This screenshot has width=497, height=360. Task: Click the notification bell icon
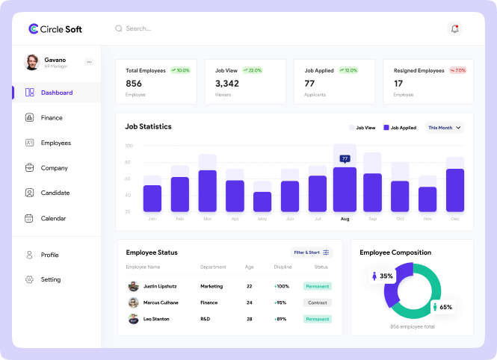point(454,29)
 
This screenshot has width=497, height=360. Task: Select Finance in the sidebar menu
point(51,118)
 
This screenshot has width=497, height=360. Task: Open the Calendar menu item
point(52,218)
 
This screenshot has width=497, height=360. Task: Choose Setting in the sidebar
point(50,280)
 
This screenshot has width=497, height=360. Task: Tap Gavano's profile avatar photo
point(32,62)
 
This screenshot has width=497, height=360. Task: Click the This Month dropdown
point(445,128)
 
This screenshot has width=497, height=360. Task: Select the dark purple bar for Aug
point(345,190)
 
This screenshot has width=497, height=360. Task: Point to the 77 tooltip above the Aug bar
point(345,158)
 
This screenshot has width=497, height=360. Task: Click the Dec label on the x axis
point(455,219)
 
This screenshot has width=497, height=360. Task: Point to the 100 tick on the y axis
point(129,146)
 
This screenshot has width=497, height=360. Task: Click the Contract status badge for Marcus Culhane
point(318,302)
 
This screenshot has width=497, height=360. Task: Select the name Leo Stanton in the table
point(156,319)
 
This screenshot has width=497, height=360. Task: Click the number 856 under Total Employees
point(134,84)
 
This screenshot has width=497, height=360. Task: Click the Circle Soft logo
point(55,29)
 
